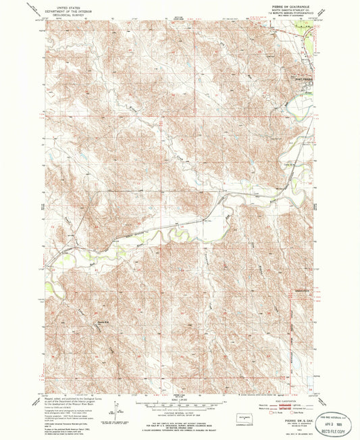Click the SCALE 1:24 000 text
[x=180, y=400]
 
